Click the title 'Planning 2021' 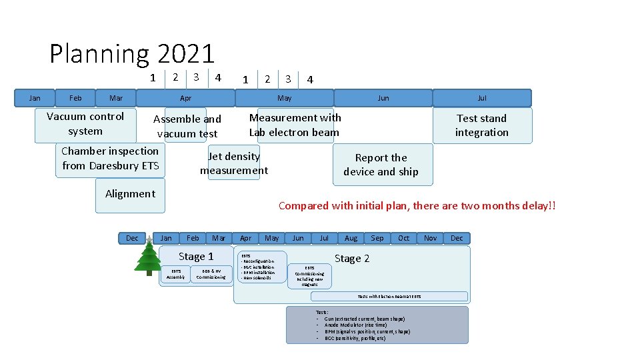click(x=132, y=54)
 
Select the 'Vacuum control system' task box click(x=85, y=124)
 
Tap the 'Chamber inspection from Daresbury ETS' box click(x=111, y=159)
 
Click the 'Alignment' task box click(x=130, y=194)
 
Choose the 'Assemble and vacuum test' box click(x=187, y=126)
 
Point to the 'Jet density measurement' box click(x=234, y=163)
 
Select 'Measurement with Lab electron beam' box click(x=295, y=125)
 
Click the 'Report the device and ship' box click(x=381, y=165)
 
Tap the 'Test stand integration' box click(x=482, y=125)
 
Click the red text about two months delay click(x=417, y=206)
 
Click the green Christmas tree click(x=147, y=257)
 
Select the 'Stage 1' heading click(x=196, y=257)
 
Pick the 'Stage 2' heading click(x=352, y=259)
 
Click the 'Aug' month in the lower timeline click(x=351, y=238)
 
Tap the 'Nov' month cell click(x=430, y=238)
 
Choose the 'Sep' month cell click(x=377, y=238)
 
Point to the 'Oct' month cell click(x=404, y=238)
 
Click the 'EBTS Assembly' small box click(x=176, y=274)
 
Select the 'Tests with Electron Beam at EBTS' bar click(x=389, y=296)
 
